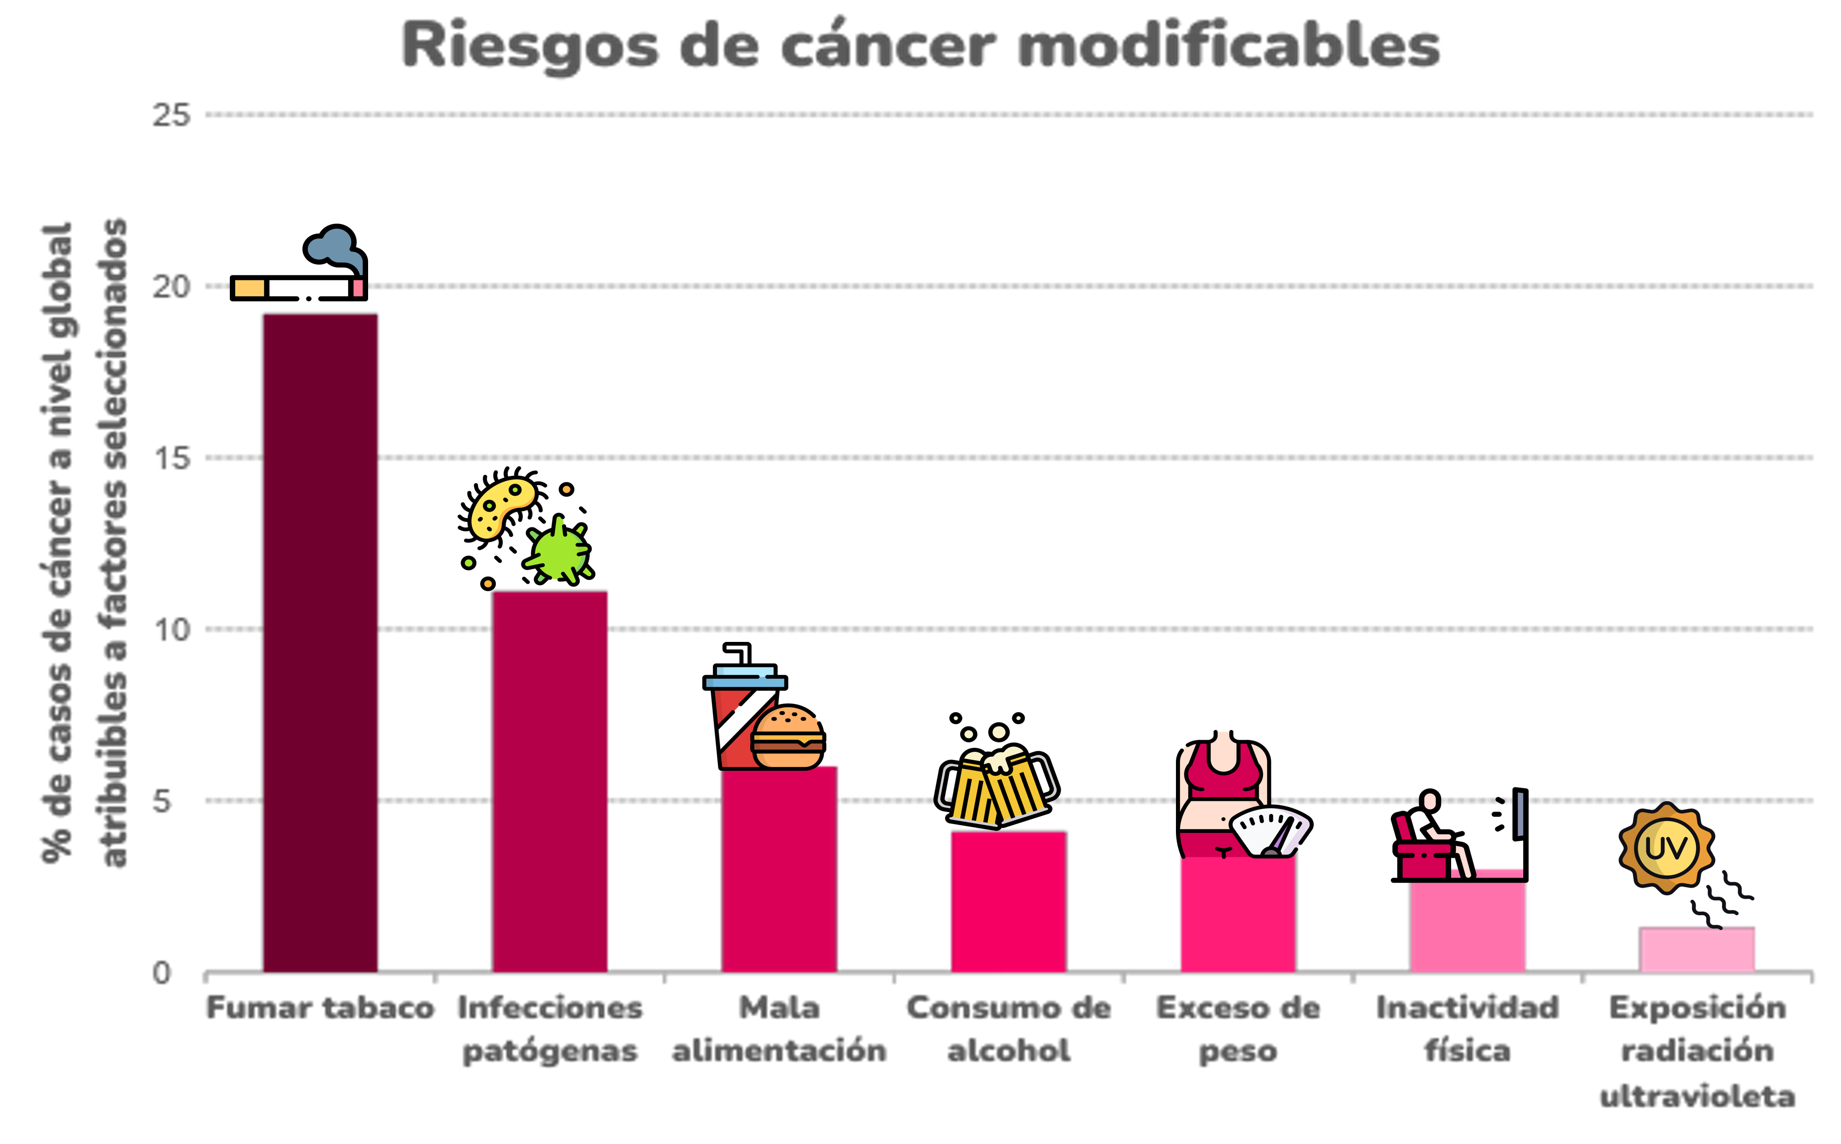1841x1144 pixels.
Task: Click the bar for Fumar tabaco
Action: click(x=320, y=643)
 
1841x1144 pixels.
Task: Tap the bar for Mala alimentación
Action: click(x=779, y=870)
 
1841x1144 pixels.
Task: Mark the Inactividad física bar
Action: click(x=1467, y=927)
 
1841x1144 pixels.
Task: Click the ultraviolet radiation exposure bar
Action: click(x=1697, y=949)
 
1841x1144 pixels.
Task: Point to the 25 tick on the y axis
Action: click(x=171, y=115)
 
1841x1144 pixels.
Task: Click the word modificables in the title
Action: click(x=1229, y=45)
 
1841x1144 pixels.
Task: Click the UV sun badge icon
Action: click(x=1666, y=847)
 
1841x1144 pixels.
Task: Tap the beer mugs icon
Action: click(x=997, y=787)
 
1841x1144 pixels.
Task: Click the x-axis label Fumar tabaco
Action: click(x=320, y=1008)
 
